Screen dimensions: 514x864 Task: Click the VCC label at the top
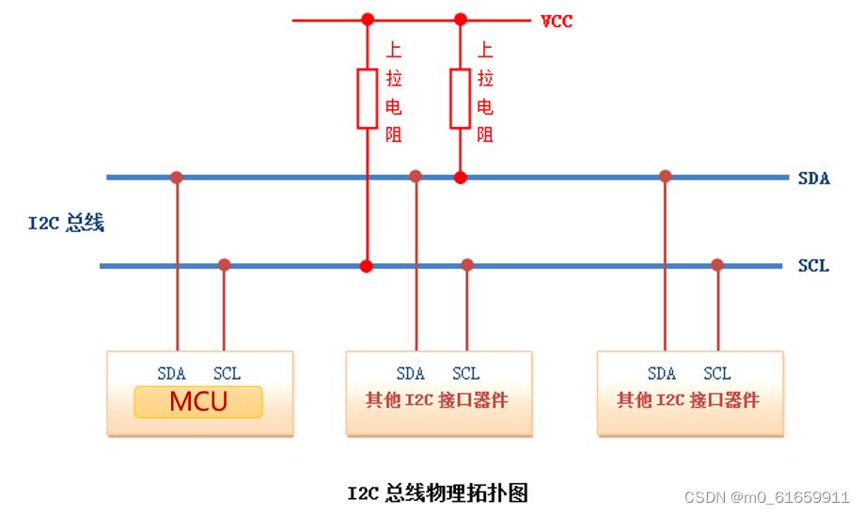[x=557, y=21]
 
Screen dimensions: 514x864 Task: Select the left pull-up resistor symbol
[x=367, y=98]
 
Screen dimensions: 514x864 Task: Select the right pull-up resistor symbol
[x=460, y=98]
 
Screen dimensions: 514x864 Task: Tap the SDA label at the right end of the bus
[x=813, y=178]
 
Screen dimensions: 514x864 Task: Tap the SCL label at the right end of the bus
[x=813, y=266]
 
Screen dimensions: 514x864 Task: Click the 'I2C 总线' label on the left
[x=66, y=224]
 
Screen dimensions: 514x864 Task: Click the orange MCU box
[x=198, y=401]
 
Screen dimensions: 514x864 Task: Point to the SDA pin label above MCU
[x=172, y=373]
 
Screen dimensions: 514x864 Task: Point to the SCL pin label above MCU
[x=227, y=373]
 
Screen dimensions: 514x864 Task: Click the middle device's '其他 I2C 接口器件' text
[x=437, y=400]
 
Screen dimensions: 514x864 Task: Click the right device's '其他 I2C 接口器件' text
[x=688, y=400]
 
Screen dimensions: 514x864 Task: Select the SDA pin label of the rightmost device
[x=662, y=373]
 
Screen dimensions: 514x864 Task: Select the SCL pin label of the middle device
[x=465, y=373]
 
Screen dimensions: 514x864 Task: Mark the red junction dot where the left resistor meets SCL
[x=367, y=266]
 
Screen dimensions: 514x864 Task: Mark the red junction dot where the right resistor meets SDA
[x=460, y=177]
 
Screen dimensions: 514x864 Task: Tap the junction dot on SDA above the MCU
[x=176, y=177]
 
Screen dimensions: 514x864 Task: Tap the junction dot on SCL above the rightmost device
[x=717, y=265]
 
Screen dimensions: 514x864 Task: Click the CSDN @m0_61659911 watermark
[x=766, y=497]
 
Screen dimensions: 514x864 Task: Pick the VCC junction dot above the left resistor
[x=367, y=19]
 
